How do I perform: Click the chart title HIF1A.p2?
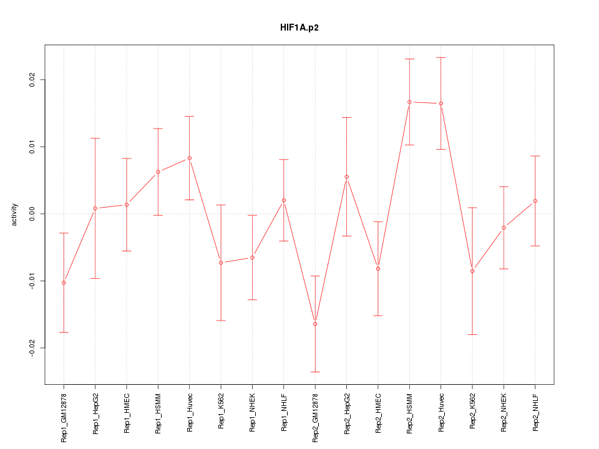point(299,28)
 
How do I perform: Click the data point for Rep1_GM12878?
point(64,282)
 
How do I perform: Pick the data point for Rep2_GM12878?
point(315,324)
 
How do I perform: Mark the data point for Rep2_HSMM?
point(409,102)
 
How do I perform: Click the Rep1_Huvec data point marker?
point(190,158)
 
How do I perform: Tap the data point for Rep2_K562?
point(472,271)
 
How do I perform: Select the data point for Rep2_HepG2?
point(346,176)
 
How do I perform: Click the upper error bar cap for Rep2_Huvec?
point(441,57)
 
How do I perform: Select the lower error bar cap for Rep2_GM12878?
point(315,372)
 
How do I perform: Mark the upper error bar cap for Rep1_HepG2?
point(95,138)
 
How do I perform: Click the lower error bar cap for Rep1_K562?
point(221,320)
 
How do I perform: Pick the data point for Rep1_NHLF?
point(284,200)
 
